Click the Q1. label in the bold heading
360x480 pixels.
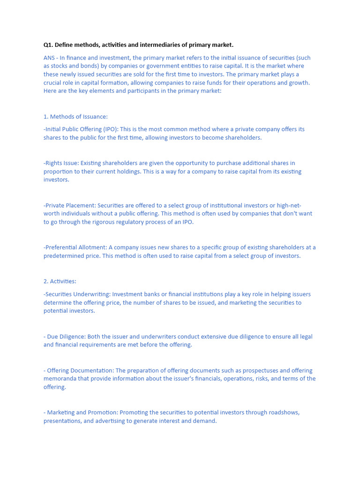tap(48, 45)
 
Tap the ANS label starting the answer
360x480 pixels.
tap(49, 58)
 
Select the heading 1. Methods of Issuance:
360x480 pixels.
tap(75, 117)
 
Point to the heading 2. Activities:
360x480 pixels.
tap(60, 281)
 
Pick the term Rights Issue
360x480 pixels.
tap(61, 163)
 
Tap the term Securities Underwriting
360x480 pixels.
tap(77, 294)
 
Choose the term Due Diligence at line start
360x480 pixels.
tap(65, 337)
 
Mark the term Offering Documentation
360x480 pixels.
tap(79, 370)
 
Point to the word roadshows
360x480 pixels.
tap(283, 412)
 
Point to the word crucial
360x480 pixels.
tap(53, 83)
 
